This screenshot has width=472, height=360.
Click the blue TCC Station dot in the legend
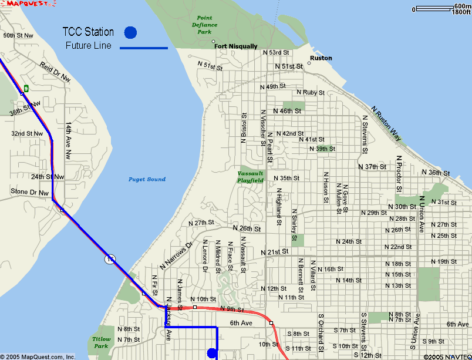[x=130, y=32]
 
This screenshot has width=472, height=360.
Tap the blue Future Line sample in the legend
[x=144, y=48]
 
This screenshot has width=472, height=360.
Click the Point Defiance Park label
[x=204, y=25]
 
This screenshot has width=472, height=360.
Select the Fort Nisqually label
[x=235, y=46]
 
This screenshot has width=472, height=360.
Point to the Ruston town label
[x=321, y=58]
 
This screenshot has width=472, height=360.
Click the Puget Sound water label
[x=147, y=179]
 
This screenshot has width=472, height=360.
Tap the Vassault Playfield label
[x=251, y=177]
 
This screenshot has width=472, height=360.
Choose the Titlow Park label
[x=101, y=342]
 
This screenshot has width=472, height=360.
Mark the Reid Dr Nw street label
[x=55, y=72]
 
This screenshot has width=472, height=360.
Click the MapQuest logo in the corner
[x=28, y=4]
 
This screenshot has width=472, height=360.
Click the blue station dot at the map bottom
[x=212, y=353]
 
